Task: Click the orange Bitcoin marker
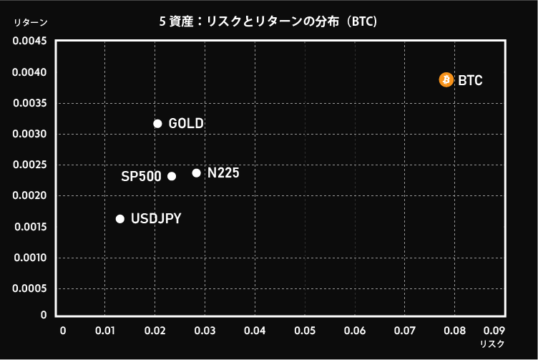tap(446, 79)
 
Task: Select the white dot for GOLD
tap(158, 124)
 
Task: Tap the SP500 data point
tap(172, 176)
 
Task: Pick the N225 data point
tap(197, 173)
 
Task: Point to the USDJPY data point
tap(120, 219)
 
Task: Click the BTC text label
tap(470, 80)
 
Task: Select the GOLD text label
tap(186, 124)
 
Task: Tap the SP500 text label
tap(141, 176)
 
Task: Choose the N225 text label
tap(223, 173)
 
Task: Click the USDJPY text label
tap(156, 218)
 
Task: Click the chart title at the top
tap(268, 21)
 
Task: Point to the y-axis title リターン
tap(31, 22)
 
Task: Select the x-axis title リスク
tap(492, 344)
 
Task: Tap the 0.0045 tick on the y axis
tap(29, 41)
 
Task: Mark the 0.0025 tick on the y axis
tap(29, 165)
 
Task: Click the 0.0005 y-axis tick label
tap(29, 288)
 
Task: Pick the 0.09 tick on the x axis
tap(494, 331)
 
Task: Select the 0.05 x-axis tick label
tap(305, 331)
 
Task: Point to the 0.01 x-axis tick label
tap(105, 331)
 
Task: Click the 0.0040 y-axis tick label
tap(29, 72)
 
